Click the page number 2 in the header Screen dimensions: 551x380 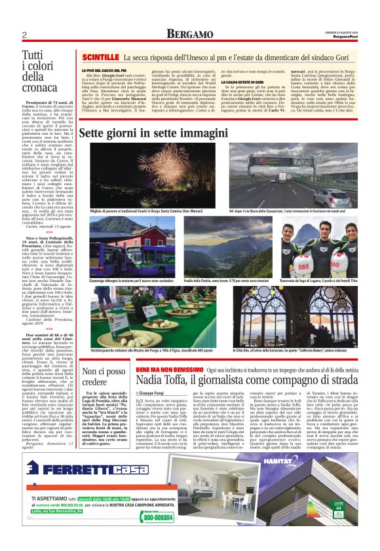24,34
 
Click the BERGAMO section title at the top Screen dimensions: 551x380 189,33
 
